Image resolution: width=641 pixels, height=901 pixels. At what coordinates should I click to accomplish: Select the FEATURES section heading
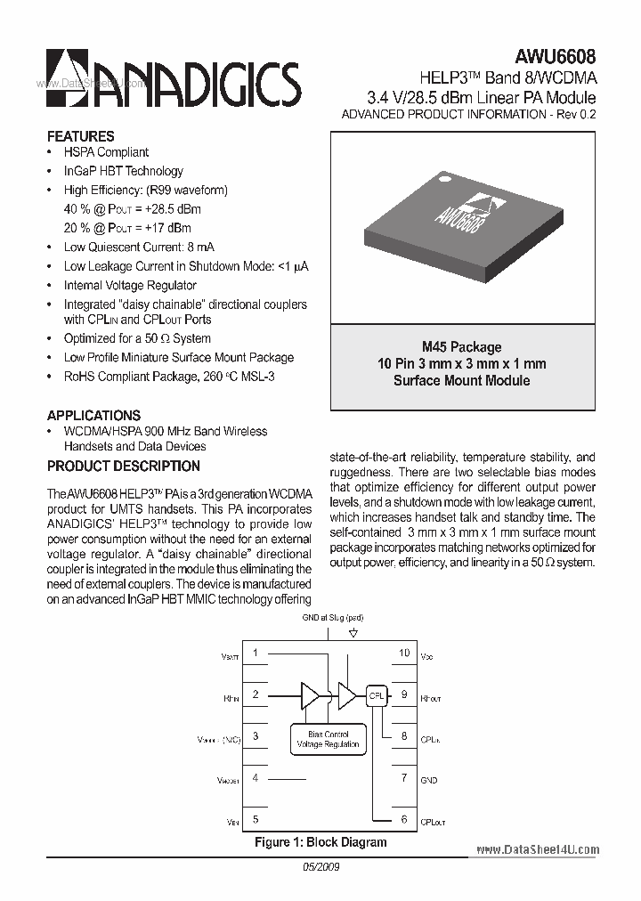[80, 136]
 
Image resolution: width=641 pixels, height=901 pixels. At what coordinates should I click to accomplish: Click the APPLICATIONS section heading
[93, 415]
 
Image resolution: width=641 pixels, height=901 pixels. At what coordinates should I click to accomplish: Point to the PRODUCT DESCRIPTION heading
[123, 466]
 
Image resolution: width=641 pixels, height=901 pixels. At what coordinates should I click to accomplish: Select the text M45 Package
[461, 347]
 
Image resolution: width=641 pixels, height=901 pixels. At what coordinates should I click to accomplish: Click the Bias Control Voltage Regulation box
[329, 739]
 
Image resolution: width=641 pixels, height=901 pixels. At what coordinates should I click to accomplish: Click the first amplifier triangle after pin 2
[310, 695]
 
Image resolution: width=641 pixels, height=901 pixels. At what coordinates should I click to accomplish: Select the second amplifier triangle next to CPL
[347, 695]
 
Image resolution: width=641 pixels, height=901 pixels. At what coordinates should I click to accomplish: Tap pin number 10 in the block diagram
[403, 653]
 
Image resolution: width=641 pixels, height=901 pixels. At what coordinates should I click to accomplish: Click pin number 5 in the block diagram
[256, 819]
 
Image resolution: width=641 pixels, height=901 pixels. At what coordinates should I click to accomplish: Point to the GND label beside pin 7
[428, 779]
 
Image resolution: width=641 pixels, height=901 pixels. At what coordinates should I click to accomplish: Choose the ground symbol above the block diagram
[354, 634]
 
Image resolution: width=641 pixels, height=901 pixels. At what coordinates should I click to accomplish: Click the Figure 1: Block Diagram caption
[320, 842]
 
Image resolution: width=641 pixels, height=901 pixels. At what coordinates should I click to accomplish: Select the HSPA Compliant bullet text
[106, 152]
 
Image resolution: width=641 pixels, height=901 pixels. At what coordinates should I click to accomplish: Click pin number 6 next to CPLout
[403, 819]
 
